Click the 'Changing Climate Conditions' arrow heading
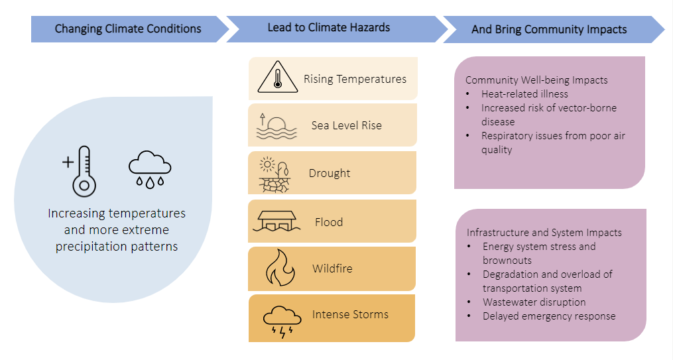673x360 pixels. (x=128, y=29)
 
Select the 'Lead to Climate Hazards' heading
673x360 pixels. (x=329, y=27)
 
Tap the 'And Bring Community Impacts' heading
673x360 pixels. (x=549, y=29)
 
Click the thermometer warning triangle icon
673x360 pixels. (x=278, y=77)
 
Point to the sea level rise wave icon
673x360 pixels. (x=276, y=126)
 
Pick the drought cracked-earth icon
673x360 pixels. (x=275, y=174)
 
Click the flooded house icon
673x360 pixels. (x=276, y=221)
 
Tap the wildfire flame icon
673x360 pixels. (x=280, y=268)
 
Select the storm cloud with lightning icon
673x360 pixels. (x=282, y=322)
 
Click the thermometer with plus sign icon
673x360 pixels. (x=80, y=171)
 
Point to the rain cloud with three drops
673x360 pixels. (x=150, y=170)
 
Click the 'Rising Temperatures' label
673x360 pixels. (x=355, y=79)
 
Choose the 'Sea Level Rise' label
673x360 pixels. (x=346, y=125)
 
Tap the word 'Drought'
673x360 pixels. (x=330, y=173)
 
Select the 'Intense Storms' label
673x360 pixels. (x=350, y=314)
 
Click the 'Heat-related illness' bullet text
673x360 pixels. (x=524, y=94)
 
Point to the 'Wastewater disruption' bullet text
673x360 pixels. (x=534, y=302)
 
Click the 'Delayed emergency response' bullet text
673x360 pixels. (x=549, y=316)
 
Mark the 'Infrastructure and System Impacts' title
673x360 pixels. (x=544, y=233)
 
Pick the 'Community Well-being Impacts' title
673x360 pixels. (x=536, y=80)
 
